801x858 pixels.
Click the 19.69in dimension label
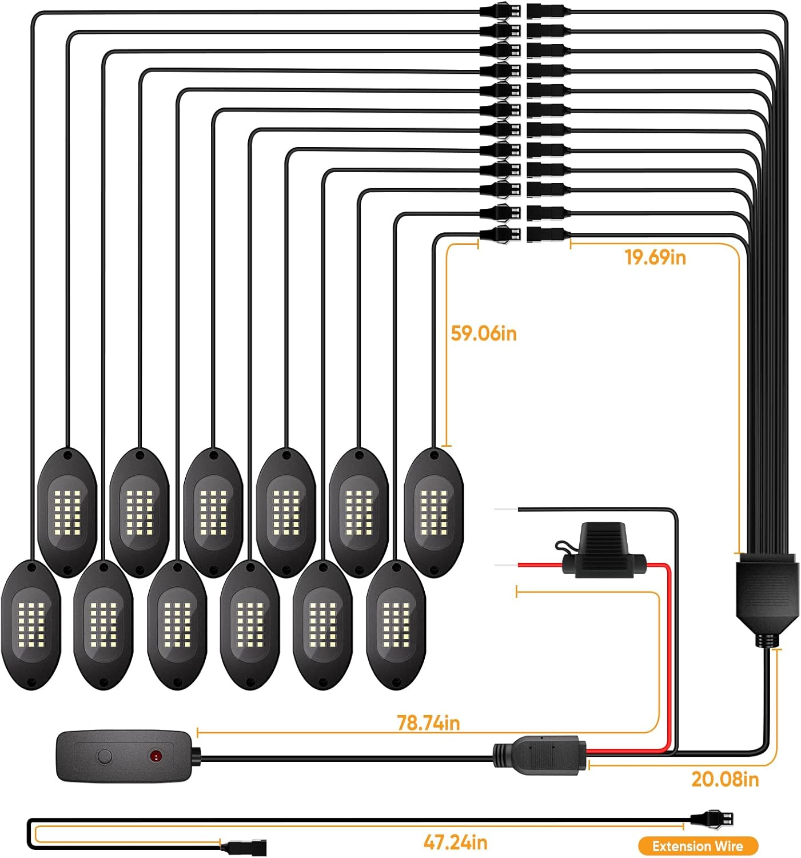click(655, 257)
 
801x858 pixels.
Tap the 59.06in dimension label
click(484, 333)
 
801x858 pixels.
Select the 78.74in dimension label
click(428, 723)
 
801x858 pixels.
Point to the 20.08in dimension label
click(724, 779)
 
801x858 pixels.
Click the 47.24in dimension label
click(455, 842)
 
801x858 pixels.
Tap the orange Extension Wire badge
click(698, 846)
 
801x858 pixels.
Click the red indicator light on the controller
click(155, 756)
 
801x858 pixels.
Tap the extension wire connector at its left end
click(246, 847)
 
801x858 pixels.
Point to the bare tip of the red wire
click(505, 565)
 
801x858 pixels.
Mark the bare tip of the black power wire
click(505, 509)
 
